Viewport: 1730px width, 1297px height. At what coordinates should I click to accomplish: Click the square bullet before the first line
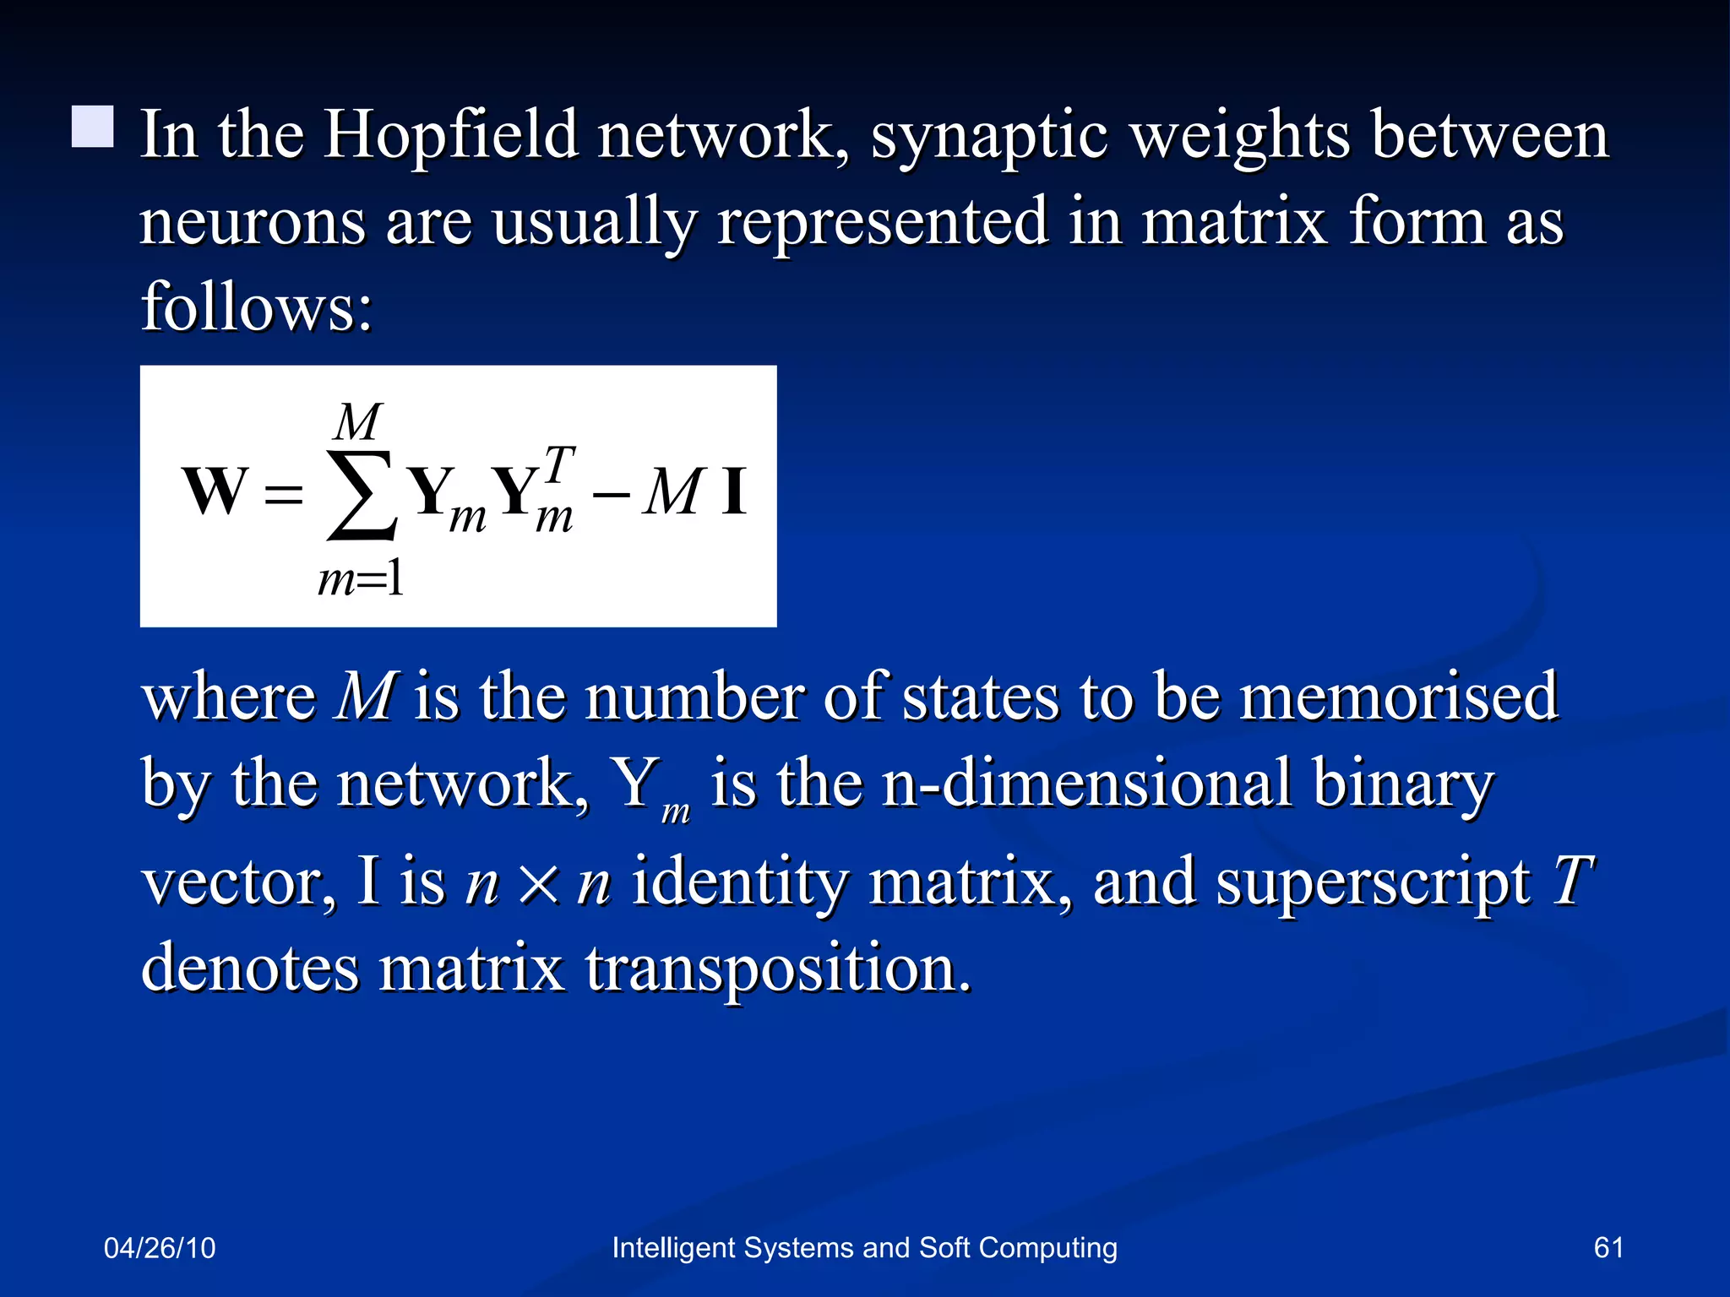(x=92, y=128)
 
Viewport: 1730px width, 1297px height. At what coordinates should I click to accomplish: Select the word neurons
(x=253, y=222)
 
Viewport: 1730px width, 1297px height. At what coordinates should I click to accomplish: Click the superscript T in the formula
(x=559, y=464)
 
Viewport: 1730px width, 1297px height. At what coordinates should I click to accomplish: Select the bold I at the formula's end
(x=733, y=491)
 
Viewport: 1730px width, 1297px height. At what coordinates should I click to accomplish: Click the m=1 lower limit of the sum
(x=361, y=580)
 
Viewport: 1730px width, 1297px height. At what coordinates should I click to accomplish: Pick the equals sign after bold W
(x=283, y=494)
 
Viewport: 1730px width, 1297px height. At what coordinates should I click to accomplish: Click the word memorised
(x=1398, y=697)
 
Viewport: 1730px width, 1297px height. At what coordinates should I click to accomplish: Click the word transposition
(x=777, y=968)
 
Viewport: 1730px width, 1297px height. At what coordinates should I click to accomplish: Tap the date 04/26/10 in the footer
(x=160, y=1248)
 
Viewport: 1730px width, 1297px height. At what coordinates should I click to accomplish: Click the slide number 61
(x=1608, y=1248)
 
